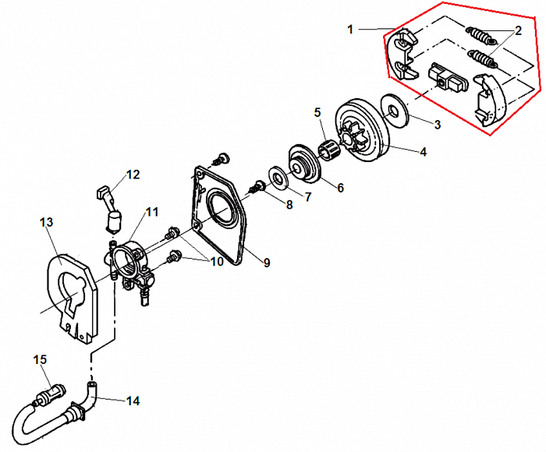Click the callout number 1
[351, 29]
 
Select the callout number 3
[437, 123]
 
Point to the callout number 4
[423, 153]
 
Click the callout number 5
[317, 112]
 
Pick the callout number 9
[266, 263]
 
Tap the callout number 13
[46, 224]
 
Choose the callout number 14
[133, 401]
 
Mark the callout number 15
[40, 359]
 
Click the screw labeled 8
[256, 186]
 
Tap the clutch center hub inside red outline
[441, 79]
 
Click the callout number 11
[151, 211]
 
